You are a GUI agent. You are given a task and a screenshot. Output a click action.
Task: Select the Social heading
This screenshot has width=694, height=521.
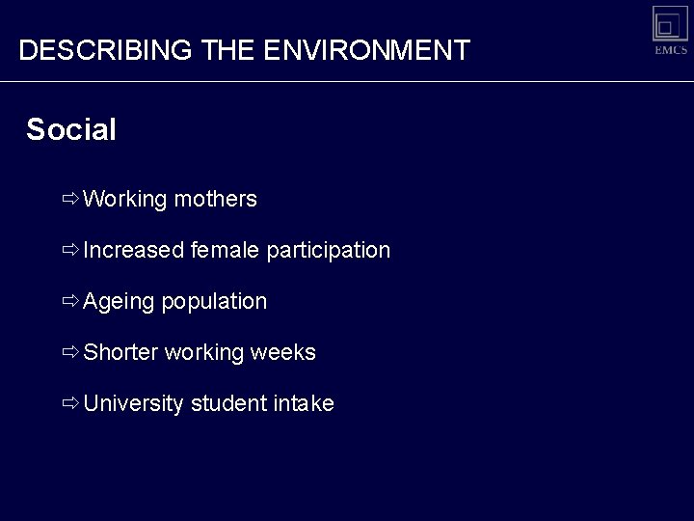(x=71, y=130)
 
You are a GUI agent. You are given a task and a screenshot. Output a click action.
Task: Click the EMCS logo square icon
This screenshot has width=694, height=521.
(x=670, y=23)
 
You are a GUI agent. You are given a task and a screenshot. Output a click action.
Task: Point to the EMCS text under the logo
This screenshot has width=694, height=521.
(x=671, y=50)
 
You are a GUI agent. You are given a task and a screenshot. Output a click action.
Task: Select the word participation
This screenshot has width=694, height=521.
(x=328, y=251)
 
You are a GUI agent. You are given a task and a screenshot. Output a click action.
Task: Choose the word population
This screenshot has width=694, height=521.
(x=214, y=302)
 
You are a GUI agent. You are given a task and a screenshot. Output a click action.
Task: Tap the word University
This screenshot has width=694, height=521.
(x=133, y=404)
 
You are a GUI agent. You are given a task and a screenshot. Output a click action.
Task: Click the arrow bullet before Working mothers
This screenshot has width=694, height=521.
(x=70, y=200)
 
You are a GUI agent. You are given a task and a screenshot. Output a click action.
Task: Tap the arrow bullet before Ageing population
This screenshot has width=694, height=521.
(x=70, y=301)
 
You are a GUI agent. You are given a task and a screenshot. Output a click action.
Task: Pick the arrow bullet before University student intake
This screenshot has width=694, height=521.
(x=70, y=403)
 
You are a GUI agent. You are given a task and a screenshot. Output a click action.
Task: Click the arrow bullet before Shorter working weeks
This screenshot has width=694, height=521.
(x=70, y=352)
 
